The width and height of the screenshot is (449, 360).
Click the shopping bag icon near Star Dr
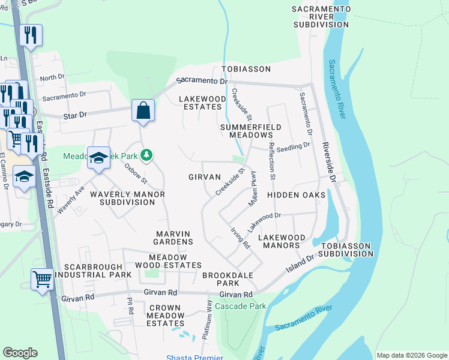pyautogui.click(x=143, y=110)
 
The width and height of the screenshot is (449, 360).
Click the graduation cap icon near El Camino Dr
pyautogui.click(x=24, y=176)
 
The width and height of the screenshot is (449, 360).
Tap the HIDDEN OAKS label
pyautogui.click(x=296, y=195)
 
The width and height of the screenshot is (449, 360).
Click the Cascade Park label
pyautogui.click(x=240, y=306)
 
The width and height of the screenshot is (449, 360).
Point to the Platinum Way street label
pyautogui.click(x=206, y=319)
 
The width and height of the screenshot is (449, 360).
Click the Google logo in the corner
pyautogui.click(x=20, y=353)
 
